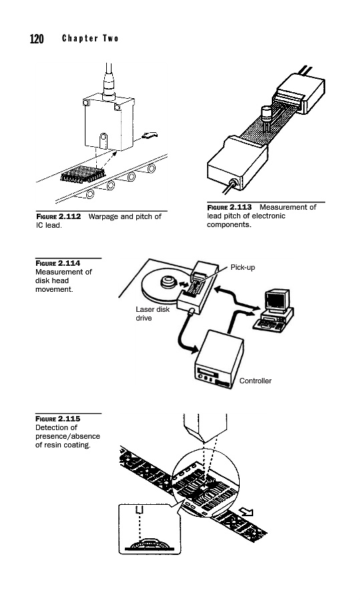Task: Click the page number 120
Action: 37,39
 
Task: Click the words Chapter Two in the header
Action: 90,38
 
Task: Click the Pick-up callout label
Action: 242,268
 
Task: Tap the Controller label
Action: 255,381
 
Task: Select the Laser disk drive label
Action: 152,314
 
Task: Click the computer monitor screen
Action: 275,301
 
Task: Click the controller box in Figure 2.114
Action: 219,359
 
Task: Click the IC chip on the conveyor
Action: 82,174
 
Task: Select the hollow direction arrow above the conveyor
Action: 150,135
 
